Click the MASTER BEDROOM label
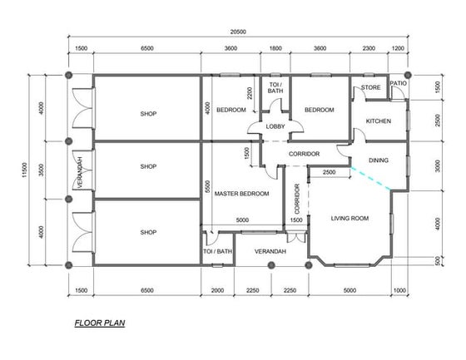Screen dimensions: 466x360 point(241,194)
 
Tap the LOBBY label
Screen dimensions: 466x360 point(275,126)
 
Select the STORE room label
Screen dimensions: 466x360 point(370,87)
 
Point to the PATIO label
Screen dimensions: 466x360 point(399,83)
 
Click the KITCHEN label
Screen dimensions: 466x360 point(379,121)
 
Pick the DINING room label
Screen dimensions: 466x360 point(379,160)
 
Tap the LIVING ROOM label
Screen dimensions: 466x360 point(349,219)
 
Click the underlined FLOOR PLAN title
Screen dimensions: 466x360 point(100,323)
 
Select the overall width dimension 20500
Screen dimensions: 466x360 point(238,32)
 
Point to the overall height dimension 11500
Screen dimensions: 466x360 point(24,170)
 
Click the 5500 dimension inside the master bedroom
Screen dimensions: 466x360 point(207,186)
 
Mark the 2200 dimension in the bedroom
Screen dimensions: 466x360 point(250,93)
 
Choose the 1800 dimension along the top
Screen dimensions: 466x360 point(275,48)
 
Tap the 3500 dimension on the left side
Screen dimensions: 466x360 point(42,170)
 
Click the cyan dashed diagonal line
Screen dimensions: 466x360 point(370,178)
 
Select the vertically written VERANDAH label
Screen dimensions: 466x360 point(80,172)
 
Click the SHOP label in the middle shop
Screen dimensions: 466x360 point(148,166)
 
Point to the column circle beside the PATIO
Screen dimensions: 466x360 point(408,75)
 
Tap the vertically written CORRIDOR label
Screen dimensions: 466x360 point(297,199)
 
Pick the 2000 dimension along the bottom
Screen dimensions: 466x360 point(217,290)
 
